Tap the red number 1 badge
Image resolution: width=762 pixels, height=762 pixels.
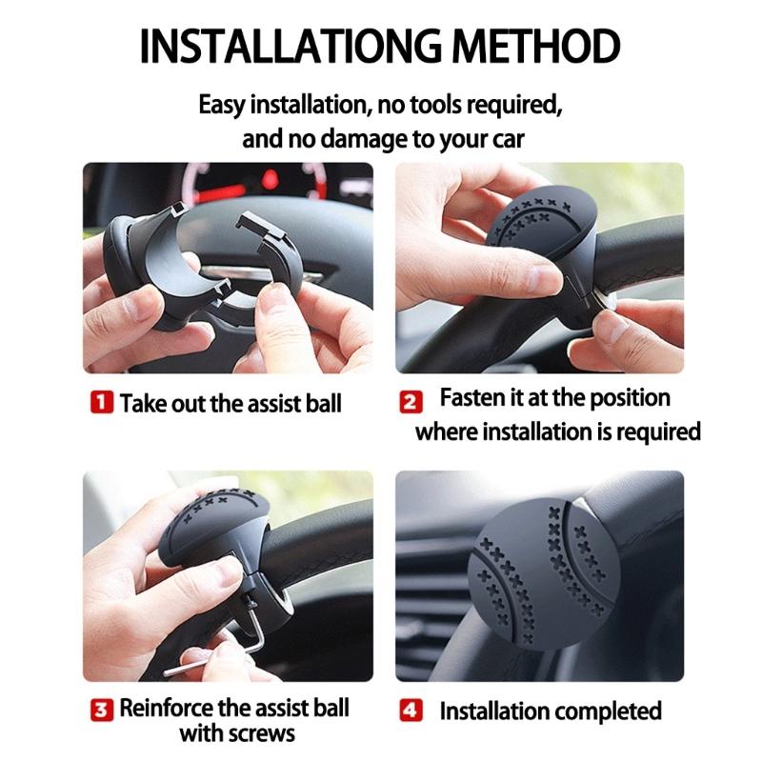(103, 403)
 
